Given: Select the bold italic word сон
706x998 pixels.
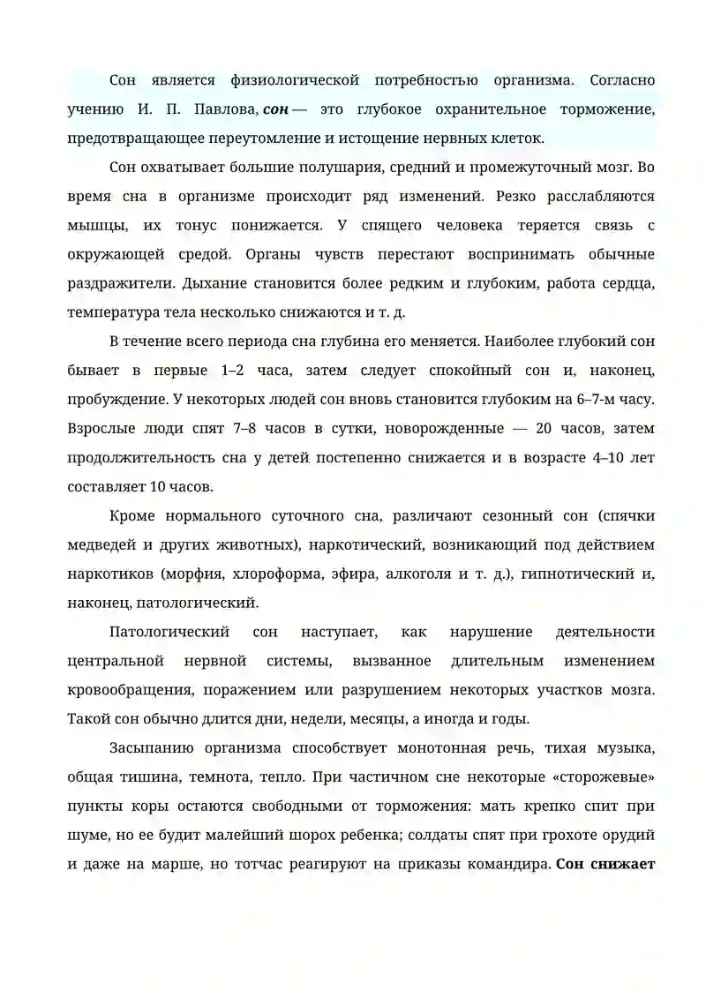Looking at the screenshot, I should click(x=275, y=109).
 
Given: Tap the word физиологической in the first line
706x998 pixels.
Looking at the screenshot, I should click(x=294, y=80).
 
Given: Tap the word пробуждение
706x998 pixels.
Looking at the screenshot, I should click(x=114, y=399).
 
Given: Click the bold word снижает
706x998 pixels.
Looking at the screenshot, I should click(x=624, y=864).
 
